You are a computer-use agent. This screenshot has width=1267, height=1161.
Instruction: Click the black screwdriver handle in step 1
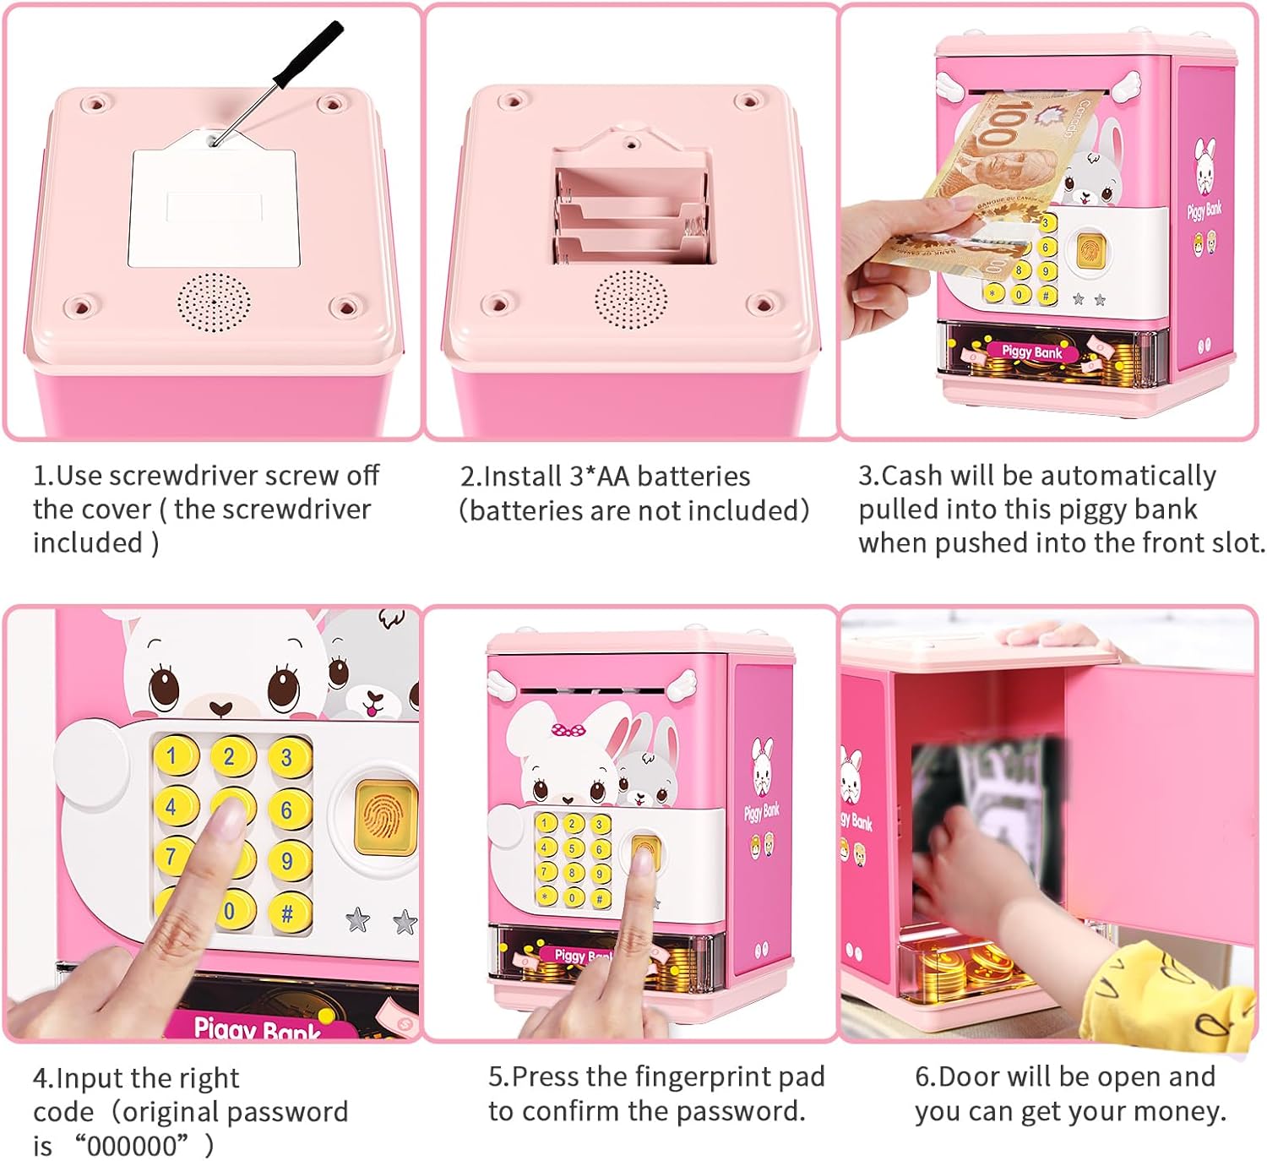[x=307, y=54]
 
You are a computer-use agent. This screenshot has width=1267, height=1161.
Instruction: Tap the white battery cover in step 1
[x=214, y=201]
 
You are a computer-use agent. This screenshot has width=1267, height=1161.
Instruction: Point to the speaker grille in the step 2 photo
[x=630, y=299]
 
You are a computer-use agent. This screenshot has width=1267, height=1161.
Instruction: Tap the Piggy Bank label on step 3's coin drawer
[x=1032, y=352]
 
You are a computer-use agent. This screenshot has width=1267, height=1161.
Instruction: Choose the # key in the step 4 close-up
[x=288, y=913]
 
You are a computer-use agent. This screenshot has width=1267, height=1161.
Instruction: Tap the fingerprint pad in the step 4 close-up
[x=385, y=817]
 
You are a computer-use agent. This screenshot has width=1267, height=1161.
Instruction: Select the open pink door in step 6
[x=1159, y=803]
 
